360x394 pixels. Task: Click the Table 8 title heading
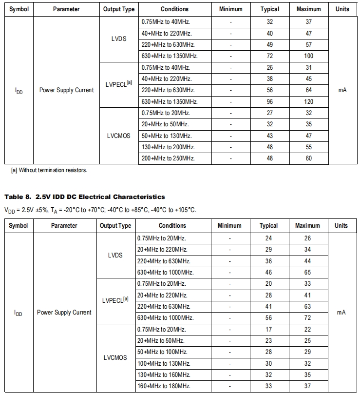point(84,197)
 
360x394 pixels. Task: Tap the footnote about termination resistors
point(49,170)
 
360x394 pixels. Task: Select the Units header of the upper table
point(342,9)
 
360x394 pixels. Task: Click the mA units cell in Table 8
point(341,313)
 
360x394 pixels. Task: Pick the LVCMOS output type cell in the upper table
point(118,136)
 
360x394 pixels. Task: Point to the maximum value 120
point(308,102)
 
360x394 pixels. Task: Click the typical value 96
point(269,102)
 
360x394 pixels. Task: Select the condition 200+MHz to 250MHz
point(168,158)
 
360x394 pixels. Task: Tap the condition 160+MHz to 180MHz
point(163,386)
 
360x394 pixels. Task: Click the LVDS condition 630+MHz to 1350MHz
point(170,56)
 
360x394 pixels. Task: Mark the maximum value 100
point(308,56)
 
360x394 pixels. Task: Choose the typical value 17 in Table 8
point(268,330)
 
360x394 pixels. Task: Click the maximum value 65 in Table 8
point(307,273)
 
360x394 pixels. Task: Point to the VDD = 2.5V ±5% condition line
point(100,210)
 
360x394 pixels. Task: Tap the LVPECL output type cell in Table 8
point(115,301)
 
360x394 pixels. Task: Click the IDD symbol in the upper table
point(19,91)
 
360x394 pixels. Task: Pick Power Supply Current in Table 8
point(64,313)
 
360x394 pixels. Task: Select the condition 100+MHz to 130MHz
point(163,364)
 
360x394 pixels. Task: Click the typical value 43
point(269,136)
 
